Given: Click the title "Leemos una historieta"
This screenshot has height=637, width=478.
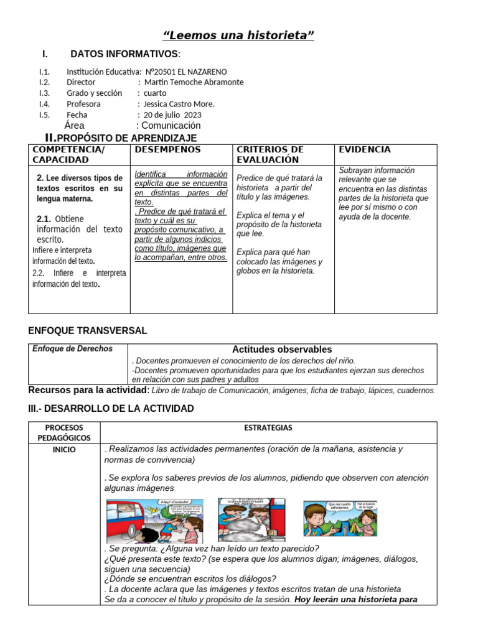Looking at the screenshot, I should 238,35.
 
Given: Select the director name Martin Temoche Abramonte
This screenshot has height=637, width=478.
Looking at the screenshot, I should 194,82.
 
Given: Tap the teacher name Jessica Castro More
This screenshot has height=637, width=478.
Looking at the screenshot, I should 179,104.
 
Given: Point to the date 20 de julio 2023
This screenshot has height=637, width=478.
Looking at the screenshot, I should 172,114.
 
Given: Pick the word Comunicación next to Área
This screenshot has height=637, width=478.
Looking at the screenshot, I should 172,125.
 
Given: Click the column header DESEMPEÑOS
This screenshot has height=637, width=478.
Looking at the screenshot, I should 167,150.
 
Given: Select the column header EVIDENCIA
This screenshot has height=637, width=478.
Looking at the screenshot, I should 364,150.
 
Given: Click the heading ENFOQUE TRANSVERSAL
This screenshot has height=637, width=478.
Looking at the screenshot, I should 88,330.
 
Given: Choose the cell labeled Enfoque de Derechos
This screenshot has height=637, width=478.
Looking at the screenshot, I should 72,349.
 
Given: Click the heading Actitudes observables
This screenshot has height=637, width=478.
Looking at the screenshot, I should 282,350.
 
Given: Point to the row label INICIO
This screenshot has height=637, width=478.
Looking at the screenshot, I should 64,449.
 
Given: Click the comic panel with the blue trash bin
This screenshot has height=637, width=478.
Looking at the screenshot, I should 340,518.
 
